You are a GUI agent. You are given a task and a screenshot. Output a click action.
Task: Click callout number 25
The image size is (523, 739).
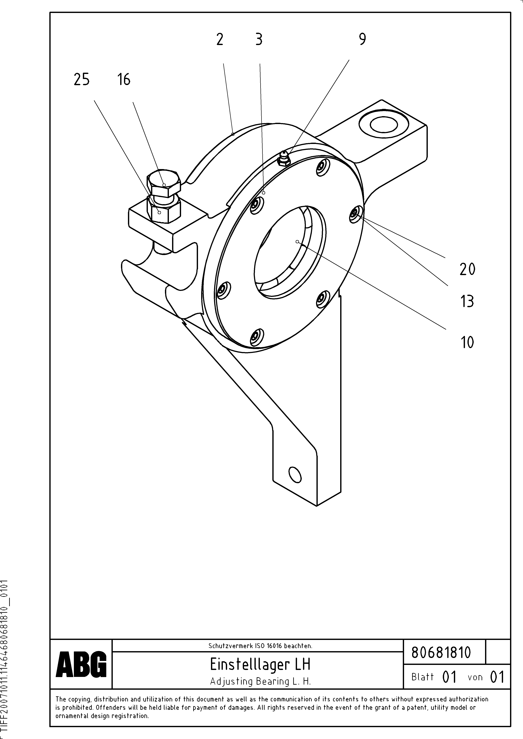coord(82,79)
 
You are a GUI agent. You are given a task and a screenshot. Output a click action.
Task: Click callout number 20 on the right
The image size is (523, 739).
coord(467,269)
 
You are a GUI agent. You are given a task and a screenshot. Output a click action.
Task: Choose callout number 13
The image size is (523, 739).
coord(467,302)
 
